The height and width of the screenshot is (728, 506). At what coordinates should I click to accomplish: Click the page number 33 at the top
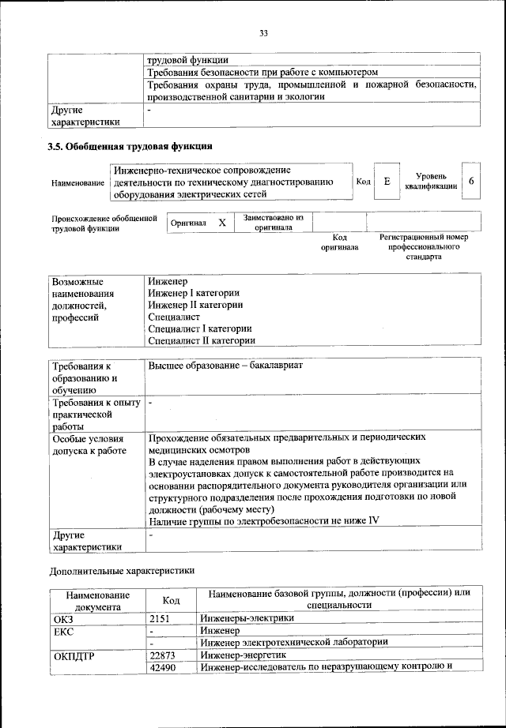point(263,32)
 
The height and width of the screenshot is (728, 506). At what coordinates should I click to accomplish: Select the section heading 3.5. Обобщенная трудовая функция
point(130,146)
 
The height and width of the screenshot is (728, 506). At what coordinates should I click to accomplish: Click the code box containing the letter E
point(387,182)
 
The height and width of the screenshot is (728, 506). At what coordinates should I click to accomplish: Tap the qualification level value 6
point(471,182)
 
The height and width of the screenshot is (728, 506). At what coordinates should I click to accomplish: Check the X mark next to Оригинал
point(222,223)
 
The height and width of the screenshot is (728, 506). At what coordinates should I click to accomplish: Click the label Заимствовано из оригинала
point(273,223)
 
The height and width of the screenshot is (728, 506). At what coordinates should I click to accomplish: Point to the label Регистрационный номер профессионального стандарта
point(424,246)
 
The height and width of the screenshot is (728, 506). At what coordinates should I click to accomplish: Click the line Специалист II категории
point(202,340)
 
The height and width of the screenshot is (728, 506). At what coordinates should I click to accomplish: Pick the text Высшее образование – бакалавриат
point(226,366)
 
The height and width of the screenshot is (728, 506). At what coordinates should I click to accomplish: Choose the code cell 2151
point(160,618)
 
